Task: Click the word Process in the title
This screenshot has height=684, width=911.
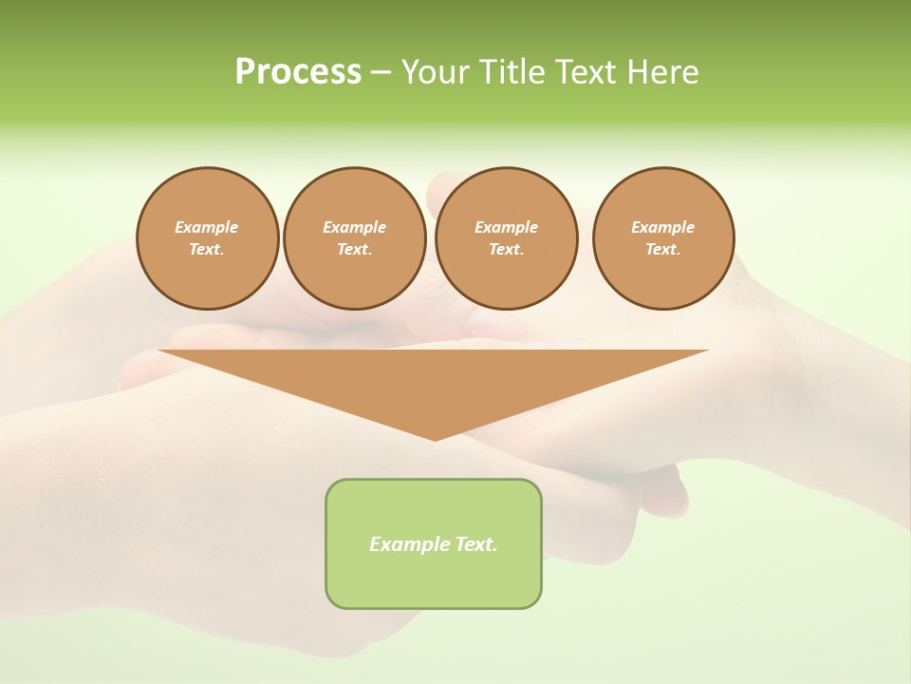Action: click(x=298, y=71)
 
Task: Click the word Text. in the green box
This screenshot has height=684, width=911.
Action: click(x=475, y=544)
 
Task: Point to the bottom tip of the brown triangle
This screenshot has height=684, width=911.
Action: click(x=435, y=438)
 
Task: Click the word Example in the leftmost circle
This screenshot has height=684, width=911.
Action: click(x=207, y=227)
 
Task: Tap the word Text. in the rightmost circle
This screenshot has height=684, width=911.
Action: click(x=663, y=250)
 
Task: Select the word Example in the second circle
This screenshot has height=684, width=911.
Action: click(x=354, y=227)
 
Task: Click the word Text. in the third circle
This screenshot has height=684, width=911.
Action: click(x=506, y=250)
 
